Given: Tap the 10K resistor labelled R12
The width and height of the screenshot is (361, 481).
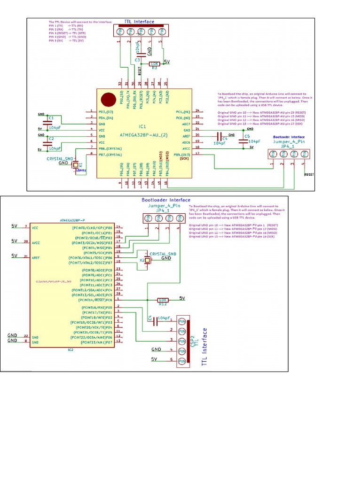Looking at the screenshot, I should [x=163, y=300].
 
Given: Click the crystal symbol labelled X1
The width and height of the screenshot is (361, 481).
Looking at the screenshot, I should [x=75, y=165].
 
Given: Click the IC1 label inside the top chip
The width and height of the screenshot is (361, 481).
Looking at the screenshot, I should [x=142, y=126].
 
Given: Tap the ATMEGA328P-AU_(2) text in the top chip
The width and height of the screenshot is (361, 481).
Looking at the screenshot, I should [x=144, y=135].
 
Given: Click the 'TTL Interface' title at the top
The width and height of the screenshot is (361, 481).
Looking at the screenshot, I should [x=139, y=22].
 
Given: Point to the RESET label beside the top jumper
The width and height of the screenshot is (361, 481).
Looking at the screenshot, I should [x=309, y=174].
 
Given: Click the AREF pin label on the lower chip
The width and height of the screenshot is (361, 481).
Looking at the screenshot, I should [x=35, y=258].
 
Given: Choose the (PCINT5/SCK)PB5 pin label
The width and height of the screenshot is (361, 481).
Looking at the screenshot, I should [x=94, y=252].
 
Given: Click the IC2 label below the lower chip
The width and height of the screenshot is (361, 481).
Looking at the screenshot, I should [x=71, y=350].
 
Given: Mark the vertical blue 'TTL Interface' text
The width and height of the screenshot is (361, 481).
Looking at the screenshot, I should [x=204, y=347].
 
